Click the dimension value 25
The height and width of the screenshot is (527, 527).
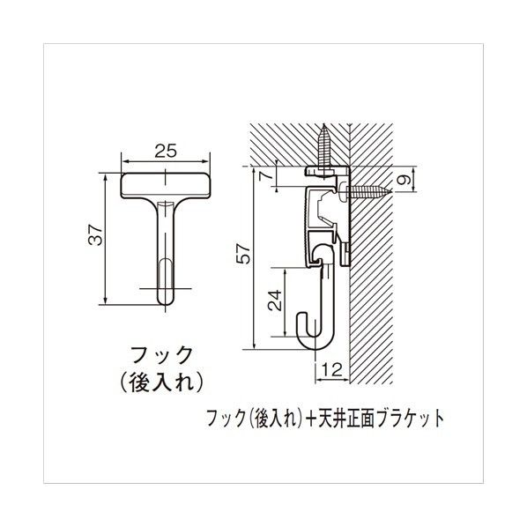pos(167,151)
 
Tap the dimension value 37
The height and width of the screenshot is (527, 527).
pos(98,236)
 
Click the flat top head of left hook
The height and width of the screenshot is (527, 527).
pos(167,185)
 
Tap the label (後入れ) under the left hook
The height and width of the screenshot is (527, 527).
pos(167,383)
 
